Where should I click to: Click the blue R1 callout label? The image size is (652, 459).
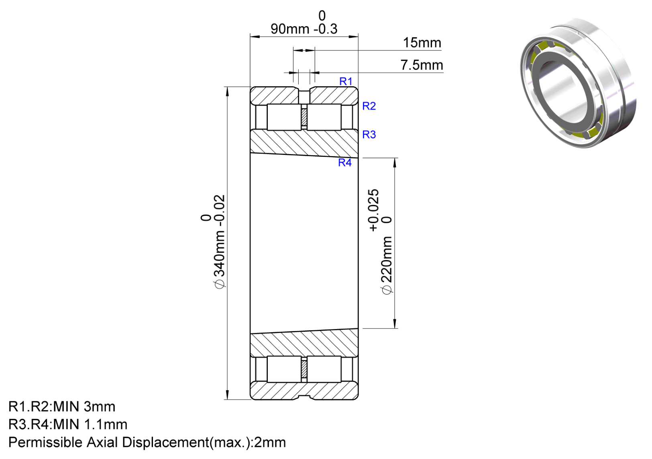tap(346, 81)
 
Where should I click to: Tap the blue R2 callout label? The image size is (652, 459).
tap(369, 106)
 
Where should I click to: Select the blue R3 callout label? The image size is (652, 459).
tap(369, 134)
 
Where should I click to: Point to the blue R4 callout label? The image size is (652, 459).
tap(345, 162)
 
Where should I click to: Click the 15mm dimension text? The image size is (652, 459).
tap(422, 43)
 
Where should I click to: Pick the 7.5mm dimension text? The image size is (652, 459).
tap(422, 65)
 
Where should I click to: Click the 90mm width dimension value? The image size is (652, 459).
tap(290, 29)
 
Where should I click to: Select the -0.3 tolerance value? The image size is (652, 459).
tap(326, 29)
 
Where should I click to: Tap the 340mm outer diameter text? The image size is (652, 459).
tap(219, 252)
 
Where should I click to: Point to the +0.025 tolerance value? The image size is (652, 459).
tap(374, 210)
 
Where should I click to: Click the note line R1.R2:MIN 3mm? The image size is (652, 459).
tap(62, 407)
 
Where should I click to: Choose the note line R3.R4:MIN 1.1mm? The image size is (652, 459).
tap(68, 424)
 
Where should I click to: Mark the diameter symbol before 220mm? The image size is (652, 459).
tap(387, 290)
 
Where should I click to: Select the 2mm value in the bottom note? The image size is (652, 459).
tap(270, 443)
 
